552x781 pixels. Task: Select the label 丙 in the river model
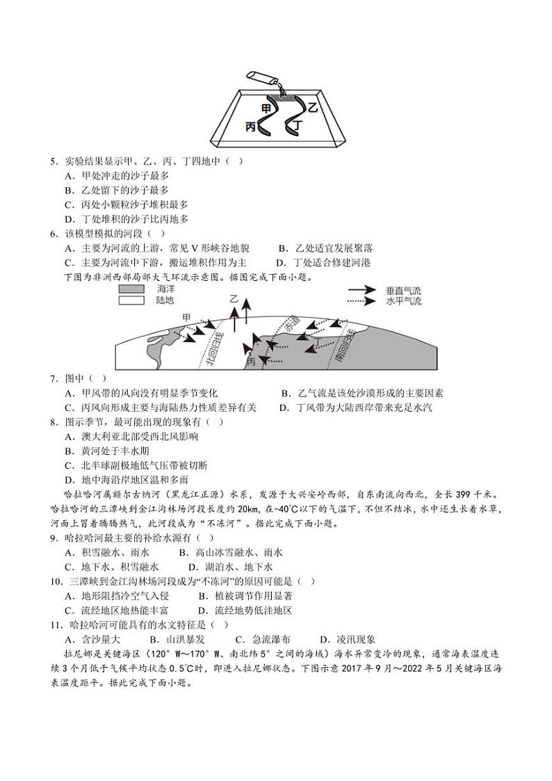pos(251,127)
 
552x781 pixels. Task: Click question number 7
pos(53,378)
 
